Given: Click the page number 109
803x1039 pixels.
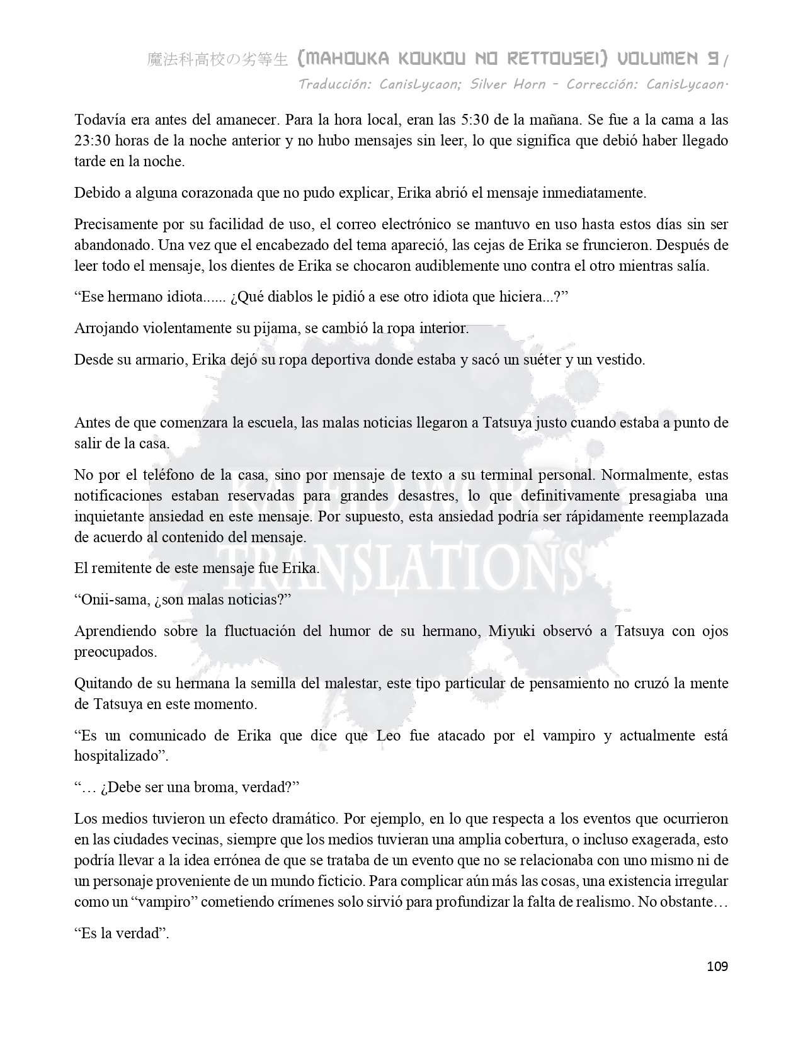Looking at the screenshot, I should click(x=717, y=966).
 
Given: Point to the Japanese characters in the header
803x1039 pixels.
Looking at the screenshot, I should click(x=217, y=60).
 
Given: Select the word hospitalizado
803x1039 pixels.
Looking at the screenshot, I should click(x=115, y=756).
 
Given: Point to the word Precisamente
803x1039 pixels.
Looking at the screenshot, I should click(x=115, y=224).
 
